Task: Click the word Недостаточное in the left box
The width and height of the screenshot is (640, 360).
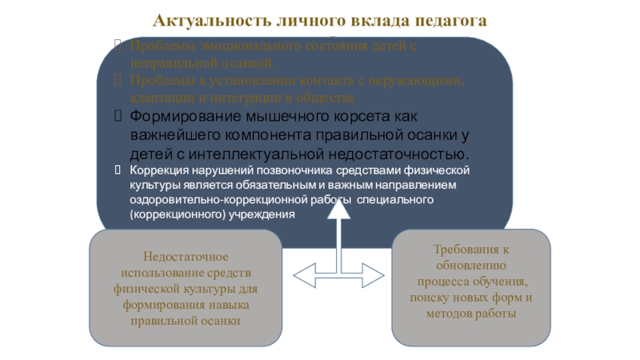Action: coord(185,257)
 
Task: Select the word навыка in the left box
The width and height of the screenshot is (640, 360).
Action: coord(227,305)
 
